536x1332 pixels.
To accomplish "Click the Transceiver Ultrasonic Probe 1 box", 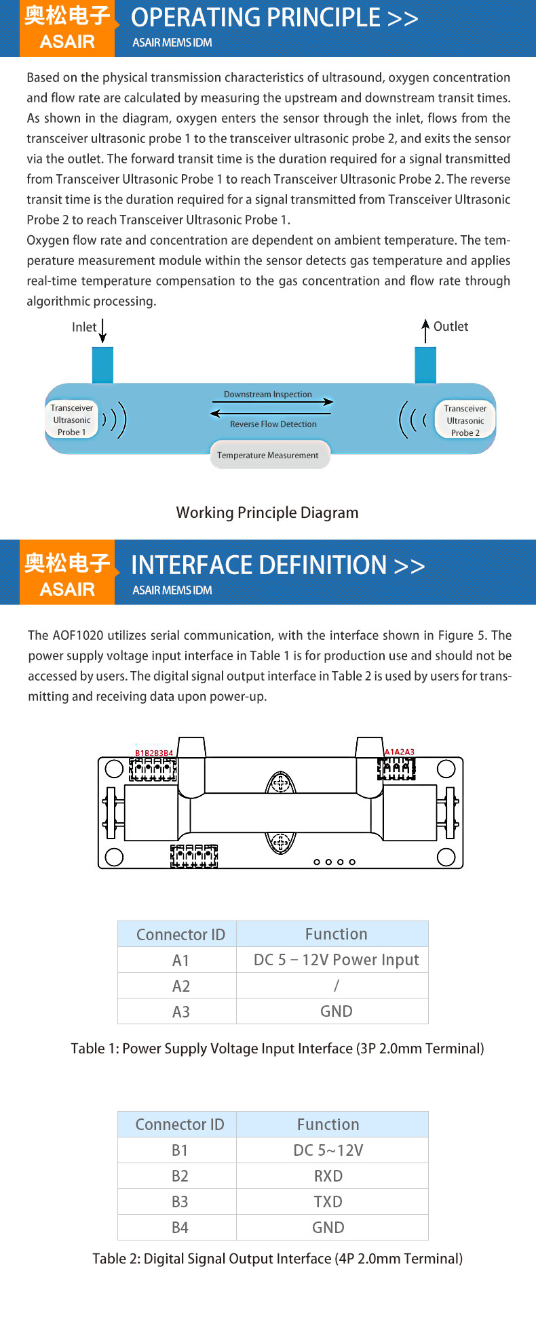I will click(71, 420).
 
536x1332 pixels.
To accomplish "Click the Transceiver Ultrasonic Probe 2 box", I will click(465, 420).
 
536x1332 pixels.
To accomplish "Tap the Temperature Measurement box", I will click(268, 455).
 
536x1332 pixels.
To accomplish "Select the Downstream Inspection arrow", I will click(271, 402).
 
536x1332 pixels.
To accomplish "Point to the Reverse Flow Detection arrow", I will click(271, 413).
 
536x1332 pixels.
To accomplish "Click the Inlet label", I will click(84, 327).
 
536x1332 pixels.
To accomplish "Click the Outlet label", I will click(451, 326).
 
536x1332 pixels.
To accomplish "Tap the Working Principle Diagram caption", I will click(267, 512).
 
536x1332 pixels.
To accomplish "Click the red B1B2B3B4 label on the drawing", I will click(154, 752).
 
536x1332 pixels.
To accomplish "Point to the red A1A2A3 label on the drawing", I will click(400, 752).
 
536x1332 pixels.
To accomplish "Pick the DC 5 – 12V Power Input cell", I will click(336, 960).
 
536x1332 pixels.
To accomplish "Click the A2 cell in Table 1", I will click(180, 986).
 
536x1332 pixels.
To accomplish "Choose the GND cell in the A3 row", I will click(336, 1011).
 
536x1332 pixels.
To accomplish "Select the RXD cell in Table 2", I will click(328, 1176).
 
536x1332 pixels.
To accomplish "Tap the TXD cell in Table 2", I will click(328, 1202).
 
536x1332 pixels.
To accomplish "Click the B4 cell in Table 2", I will click(180, 1228).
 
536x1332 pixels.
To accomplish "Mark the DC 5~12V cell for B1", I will click(328, 1150).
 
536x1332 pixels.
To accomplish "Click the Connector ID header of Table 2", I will click(180, 1125).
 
